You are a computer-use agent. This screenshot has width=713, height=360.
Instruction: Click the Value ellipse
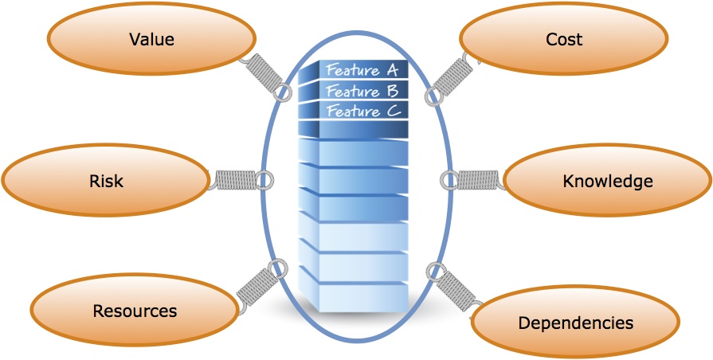click(x=151, y=38)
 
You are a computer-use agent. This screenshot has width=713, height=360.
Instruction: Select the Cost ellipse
click(x=564, y=38)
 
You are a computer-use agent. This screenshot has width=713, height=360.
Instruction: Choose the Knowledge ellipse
click(x=607, y=182)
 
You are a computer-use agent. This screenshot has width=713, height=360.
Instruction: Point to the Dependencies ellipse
click(x=575, y=323)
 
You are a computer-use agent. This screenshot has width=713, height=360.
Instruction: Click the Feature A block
click(x=363, y=70)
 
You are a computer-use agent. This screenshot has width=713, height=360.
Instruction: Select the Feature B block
click(x=363, y=91)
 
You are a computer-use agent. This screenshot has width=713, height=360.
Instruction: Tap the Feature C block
click(x=363, y=111)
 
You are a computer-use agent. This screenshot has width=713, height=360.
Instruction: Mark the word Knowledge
click(x=607, y=182)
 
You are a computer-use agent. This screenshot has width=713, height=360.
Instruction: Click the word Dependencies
click(x=575, y=323)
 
